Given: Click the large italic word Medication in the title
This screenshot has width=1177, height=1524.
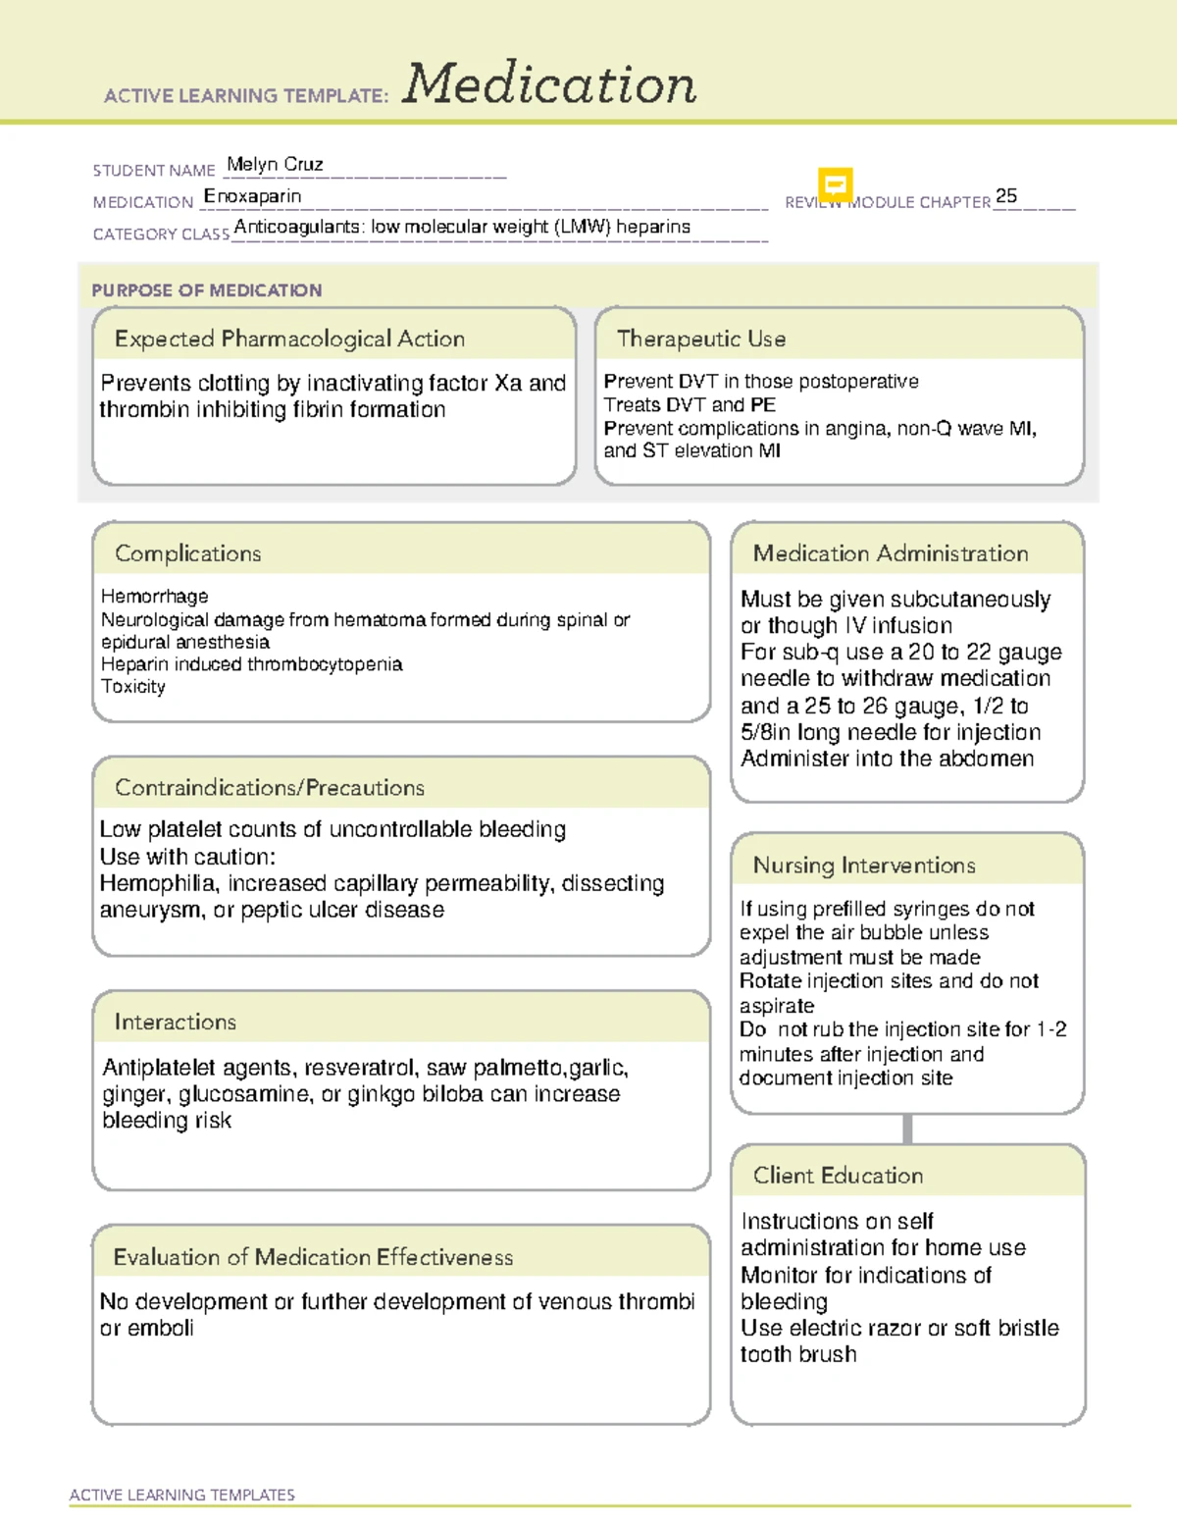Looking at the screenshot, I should [x=549, y=84].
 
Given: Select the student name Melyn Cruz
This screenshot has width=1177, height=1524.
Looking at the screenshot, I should [x=275, y=164].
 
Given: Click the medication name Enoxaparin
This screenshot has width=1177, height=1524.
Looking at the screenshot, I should [x=252, y=196].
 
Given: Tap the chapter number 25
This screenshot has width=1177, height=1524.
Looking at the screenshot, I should [x=1005, y=195].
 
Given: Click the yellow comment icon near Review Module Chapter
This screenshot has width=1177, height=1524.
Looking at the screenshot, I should [x=835, y=184].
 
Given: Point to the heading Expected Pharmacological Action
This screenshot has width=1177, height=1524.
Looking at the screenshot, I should [x=289, y=339].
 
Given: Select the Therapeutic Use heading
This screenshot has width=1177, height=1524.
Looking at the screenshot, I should [x=701, y=339].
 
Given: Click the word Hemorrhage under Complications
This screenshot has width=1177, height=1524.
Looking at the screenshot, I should [x=154, y=596].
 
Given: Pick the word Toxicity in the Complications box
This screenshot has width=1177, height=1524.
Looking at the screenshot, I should [x=133, y=686].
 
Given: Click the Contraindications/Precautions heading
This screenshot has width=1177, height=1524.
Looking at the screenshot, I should [x=270, y=787].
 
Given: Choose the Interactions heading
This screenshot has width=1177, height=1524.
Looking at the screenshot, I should [x=176, y=1022].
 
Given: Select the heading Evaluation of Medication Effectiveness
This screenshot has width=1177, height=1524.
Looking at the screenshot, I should [x=313, y=1257].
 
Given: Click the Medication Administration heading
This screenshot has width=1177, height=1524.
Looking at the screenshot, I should [x=891, y=553].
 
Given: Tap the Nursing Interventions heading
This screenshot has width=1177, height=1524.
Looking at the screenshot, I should [x=864, y=865].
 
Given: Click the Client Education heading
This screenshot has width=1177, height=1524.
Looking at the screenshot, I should [x=838, y=1175].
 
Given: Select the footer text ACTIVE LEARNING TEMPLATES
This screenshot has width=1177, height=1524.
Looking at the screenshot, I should [x=181, y=1495].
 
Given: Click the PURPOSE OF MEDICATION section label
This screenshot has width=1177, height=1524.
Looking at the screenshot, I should [x=206, y=290].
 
